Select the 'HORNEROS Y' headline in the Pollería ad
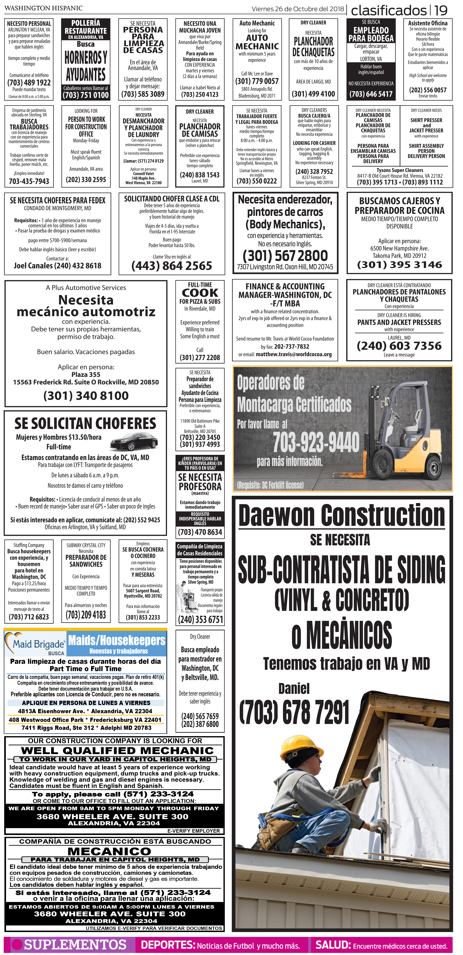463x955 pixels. pyautogui.click(x=86, y=58)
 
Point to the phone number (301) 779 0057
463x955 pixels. pyautogui.click(x=257, y=81)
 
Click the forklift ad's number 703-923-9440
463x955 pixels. pyautogui.click(x=316, y=442)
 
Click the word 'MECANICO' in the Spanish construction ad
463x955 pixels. pyautogui.click(x=109, y=851)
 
